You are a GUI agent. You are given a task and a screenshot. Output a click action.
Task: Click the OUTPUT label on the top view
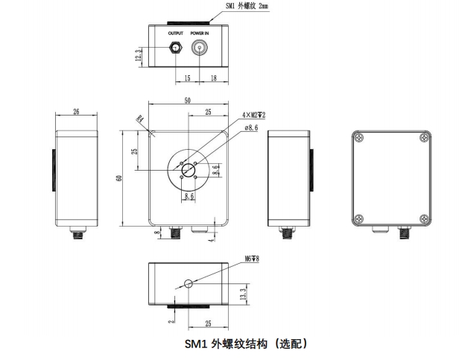176,34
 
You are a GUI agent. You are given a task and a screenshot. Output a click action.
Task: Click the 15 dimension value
188,77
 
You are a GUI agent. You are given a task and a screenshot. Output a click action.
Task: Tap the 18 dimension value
213,77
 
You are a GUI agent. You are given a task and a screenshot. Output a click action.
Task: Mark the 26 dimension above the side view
77,113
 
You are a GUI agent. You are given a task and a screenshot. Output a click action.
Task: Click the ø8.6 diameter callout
251,127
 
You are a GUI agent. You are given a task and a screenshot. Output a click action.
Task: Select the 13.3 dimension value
243,294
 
